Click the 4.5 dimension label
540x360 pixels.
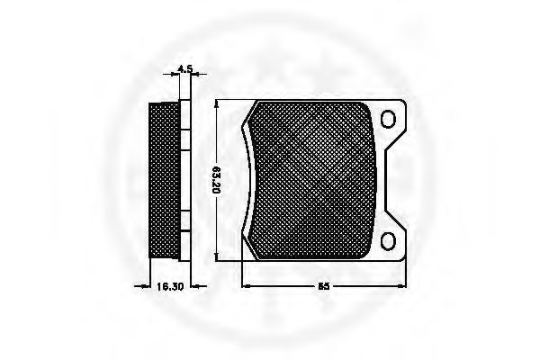tap(184, 68)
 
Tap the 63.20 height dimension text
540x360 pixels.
tap(216, 179)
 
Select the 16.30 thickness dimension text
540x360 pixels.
tap(170, 286)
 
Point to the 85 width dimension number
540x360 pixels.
tap(323, 286)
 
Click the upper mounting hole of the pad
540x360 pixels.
tap(388, 119)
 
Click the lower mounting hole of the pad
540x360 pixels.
tap(388, 241)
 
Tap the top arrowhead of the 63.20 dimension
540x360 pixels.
tap(216, 104)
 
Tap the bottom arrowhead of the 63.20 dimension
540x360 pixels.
tap(216, 256)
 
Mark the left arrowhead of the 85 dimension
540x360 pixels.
tap(247, 285)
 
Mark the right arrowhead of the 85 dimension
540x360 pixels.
tap(401, 285)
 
